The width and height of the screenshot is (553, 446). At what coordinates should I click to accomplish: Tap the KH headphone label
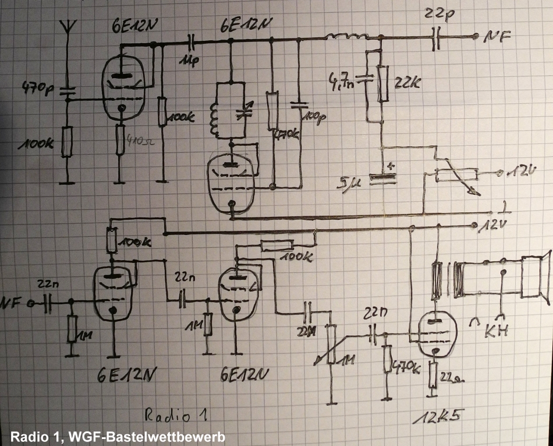click(x=497, y=331)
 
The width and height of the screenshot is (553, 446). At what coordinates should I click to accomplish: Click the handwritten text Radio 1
click(x=174, y=415)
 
